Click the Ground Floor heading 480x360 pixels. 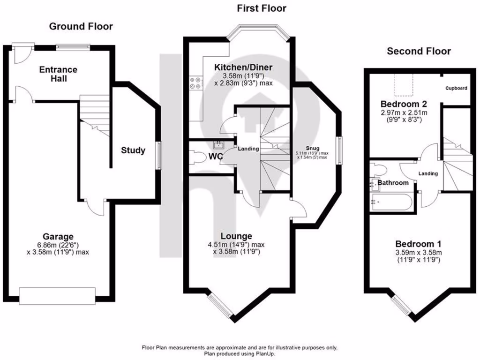81,26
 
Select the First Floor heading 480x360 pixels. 262,8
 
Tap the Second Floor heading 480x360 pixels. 419,51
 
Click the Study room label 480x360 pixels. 133,150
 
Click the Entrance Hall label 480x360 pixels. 58,74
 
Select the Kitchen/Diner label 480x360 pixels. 243,67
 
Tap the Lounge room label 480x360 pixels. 236,236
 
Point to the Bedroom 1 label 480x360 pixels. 418,244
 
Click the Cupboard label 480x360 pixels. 456,88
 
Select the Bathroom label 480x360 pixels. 393,183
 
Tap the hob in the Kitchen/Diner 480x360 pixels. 195,82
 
